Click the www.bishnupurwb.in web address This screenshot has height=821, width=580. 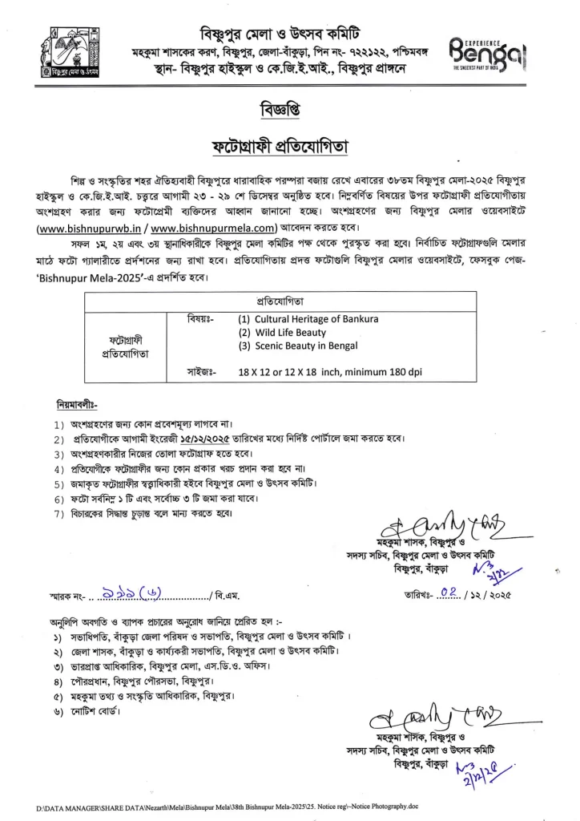89,228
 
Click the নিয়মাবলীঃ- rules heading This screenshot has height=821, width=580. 77,405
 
